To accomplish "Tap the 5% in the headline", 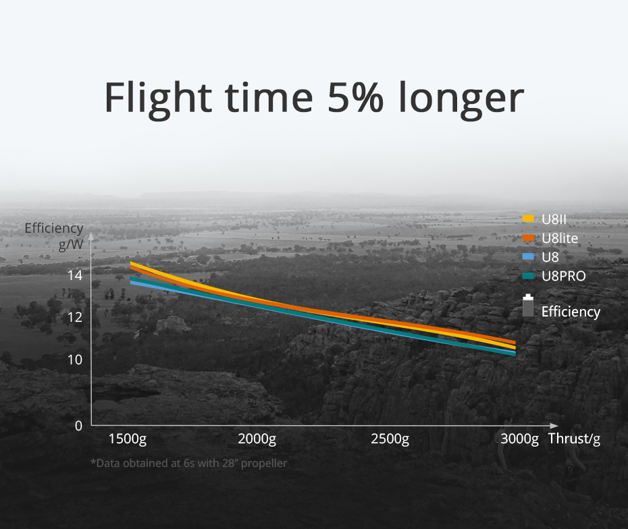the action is point(355,97).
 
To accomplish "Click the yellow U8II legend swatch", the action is point(528,219).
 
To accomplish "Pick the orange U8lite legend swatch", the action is point(528,238).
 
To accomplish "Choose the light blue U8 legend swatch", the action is point(528,256).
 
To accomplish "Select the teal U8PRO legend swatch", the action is point(528,276).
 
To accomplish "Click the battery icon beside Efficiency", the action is point(528,306).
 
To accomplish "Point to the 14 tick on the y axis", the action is point(75,275).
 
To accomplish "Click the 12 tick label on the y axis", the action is point(75,317).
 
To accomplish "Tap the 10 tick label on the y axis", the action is point(75,360).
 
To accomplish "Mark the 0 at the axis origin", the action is point(78,426).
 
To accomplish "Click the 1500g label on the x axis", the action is point(128,439).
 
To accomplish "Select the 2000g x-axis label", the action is point(257,439).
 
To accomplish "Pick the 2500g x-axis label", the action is point(390,439).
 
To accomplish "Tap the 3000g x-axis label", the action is point(519,439).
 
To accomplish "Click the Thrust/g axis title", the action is point(575,439).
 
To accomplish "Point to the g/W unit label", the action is point(71,244).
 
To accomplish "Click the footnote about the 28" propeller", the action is point(188,464).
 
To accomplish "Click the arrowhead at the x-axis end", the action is point(554,425).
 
